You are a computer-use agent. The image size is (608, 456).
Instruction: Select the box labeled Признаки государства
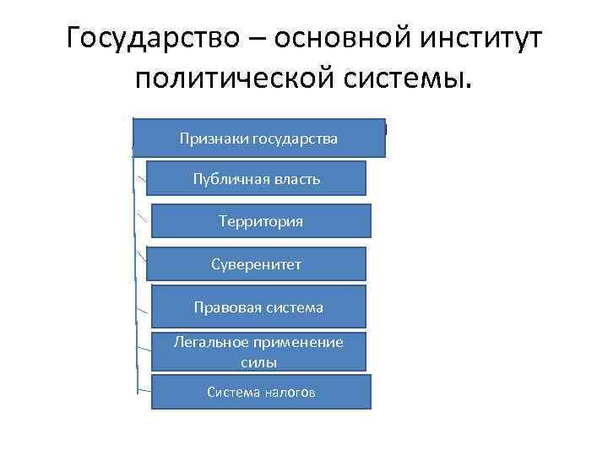258,138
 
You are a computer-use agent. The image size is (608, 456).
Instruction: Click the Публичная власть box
257,180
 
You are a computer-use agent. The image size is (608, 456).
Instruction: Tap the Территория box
260,221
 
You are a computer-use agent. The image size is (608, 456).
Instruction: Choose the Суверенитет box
257,264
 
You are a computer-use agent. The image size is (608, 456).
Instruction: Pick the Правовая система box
258,307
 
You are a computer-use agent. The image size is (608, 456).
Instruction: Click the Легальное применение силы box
258,351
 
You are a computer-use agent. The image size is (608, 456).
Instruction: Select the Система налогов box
261,392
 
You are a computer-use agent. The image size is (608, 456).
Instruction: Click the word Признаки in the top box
209,138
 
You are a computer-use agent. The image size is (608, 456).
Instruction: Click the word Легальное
209,342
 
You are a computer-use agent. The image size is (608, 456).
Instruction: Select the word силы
258,361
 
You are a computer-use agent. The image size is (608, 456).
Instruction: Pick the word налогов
288,392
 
